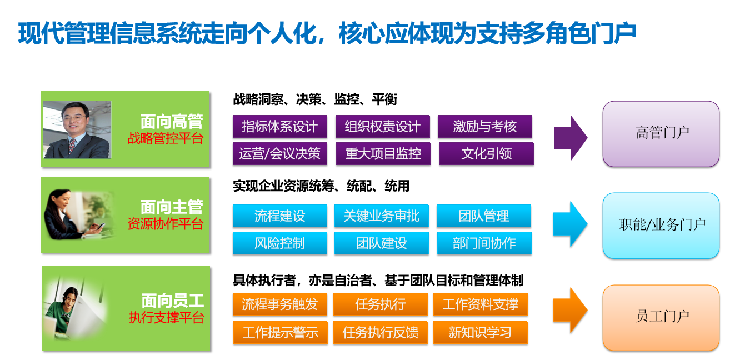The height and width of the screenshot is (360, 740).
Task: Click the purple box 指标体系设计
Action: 279,127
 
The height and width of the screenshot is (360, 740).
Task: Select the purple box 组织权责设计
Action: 382,127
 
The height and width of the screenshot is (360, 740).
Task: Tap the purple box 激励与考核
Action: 484,127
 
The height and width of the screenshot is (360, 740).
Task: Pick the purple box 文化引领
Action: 486,154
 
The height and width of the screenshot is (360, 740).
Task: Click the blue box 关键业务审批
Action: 381,216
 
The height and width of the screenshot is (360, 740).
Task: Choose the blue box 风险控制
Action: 279,243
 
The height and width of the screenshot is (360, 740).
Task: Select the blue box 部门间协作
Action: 484,243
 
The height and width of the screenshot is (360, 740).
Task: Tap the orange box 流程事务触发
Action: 279,304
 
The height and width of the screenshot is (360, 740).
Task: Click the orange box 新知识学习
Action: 480,333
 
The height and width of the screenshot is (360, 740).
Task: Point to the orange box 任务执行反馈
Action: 381,333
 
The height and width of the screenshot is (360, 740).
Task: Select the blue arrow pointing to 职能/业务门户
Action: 570,224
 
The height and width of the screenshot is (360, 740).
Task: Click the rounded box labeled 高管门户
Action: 661,133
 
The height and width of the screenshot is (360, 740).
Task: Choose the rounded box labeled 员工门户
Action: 661,317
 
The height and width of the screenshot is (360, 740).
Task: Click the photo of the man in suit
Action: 77,129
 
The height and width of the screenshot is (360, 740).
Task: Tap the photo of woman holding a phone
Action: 78,215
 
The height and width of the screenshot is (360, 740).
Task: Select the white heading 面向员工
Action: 172,301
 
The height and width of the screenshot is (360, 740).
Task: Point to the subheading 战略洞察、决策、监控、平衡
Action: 315,99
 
